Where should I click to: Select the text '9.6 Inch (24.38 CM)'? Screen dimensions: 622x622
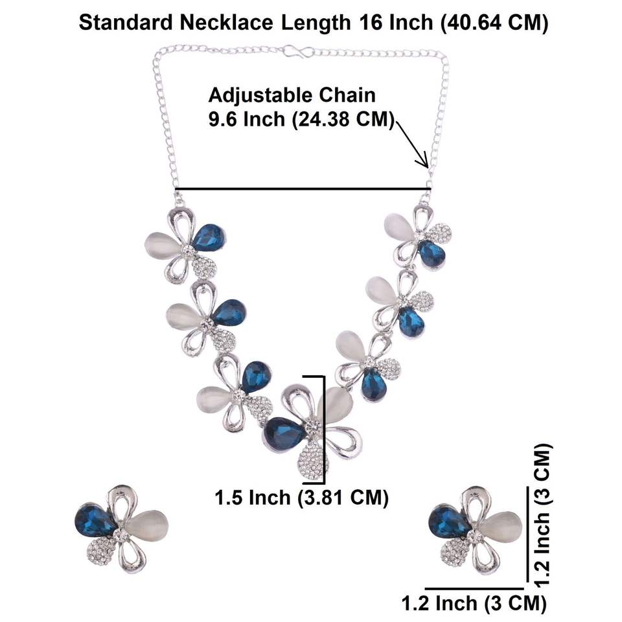coord(301,120)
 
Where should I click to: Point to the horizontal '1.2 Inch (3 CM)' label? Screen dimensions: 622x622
coord(472,604)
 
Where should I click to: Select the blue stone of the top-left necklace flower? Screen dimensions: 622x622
coord(208,238)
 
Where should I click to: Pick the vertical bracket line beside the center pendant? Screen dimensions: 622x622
coord(322,428)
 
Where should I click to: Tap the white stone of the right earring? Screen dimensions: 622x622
coord(500,526)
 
